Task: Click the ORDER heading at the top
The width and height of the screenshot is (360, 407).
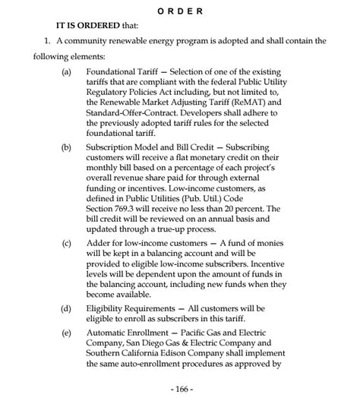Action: [x=180, y=11]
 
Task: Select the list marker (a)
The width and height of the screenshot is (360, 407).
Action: [x=67, y=72]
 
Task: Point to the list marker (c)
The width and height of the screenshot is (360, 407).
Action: [x=67, y=244]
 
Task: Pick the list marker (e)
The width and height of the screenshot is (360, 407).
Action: [x=67, y=333]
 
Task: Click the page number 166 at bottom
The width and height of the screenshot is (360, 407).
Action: [x=180, y=388]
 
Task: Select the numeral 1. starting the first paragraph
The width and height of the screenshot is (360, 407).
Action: [x=47, y=40]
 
